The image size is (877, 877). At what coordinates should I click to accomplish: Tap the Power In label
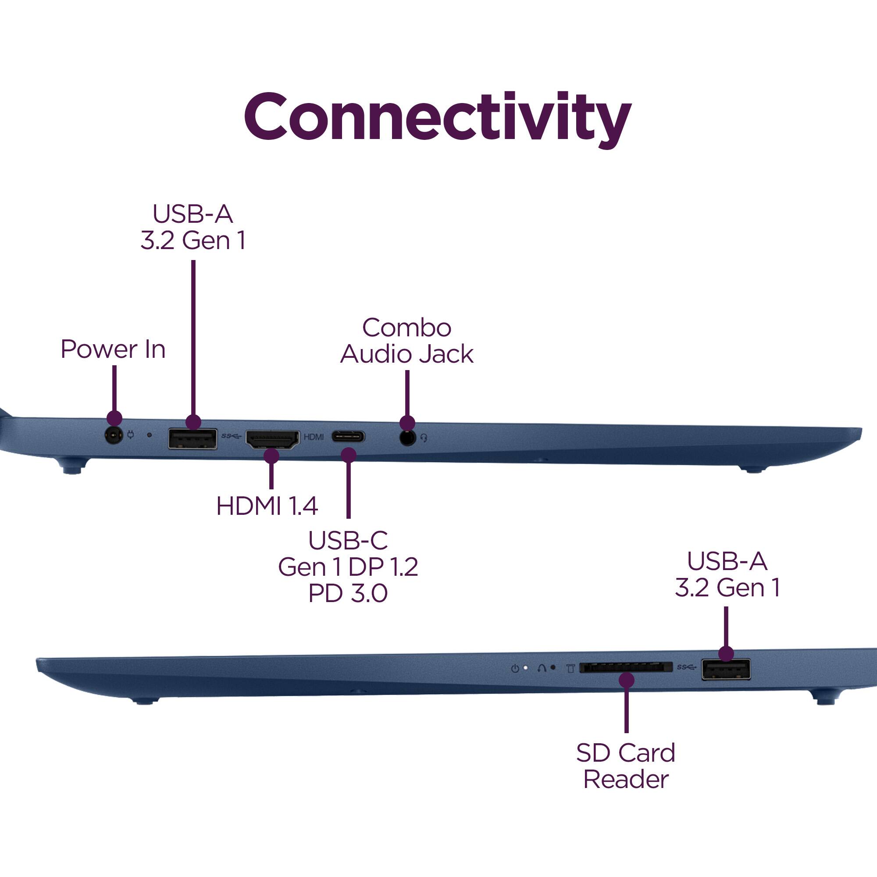coord(113,349)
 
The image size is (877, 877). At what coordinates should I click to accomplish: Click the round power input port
coord(114,436)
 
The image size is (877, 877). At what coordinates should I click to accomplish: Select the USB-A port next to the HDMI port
coord(193,439)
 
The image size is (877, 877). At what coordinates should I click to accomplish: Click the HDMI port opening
coord(272,439)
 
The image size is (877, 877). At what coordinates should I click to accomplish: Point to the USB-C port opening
coord(348,437)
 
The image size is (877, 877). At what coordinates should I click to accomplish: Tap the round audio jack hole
coord(408,438)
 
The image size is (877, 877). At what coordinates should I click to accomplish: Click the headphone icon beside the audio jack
coord(424,438)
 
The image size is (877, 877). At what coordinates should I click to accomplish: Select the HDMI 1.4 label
coord(267,506)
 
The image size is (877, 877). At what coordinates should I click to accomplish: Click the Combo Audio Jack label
coord(407,341)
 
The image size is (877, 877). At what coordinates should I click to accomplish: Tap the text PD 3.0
coord(348,593)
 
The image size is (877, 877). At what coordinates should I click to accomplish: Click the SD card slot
coord(626,667)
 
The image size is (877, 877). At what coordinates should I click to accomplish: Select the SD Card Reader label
coord(626,766)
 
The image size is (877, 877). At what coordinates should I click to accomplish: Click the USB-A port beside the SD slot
coord(725,670)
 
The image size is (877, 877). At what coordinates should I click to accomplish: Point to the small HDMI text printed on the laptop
coord(314,437)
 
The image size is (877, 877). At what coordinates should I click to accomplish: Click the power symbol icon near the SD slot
coord(515,669)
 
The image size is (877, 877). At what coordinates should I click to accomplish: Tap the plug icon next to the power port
coord(131,435)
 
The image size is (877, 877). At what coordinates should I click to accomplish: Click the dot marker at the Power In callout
coord(114,418)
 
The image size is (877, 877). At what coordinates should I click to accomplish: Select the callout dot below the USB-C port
coord(348,455)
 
